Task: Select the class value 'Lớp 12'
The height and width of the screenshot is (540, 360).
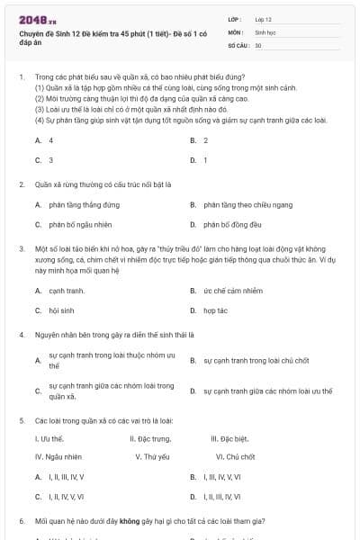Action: (x=264, y=18)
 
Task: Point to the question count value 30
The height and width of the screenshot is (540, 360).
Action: (x=258, y=44)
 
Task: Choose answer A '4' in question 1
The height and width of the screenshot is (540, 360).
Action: (x=50, y=140)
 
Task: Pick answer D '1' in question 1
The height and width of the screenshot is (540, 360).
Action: (x=205, y=159)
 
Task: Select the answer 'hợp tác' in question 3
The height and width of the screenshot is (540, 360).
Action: (x=215, y=310)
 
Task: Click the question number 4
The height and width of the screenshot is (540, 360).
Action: (x=21, y=334)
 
